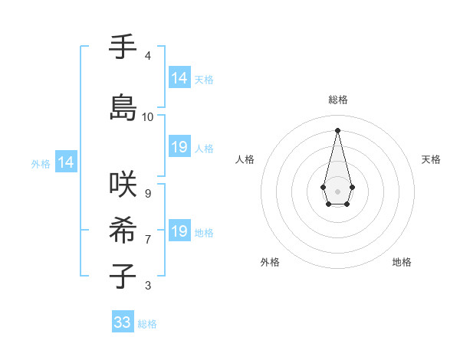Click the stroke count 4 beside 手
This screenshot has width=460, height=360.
(x=148, y=56)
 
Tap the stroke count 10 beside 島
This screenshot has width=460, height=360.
(x=148, y=117)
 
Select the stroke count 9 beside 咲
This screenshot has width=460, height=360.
(x=148, y=193)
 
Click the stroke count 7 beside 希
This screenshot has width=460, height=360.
(x=148, y=240)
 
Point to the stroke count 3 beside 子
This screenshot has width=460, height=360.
(x=148, y=286)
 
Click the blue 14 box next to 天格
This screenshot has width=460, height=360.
(x=179, y=78)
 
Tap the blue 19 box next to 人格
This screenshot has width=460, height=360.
(x=179, y=147)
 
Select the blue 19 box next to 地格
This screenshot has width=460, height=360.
(x=179, y=231)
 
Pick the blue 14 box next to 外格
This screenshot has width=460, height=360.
(x=66, y=162)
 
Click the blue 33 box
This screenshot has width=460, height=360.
(x=123, y=322)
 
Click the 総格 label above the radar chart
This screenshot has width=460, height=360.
(x=338, y=100)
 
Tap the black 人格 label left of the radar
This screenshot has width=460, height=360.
(x=245, y=159)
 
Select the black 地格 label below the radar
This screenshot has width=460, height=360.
(x=402, y=262)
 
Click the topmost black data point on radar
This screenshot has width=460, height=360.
(x=337, y=129)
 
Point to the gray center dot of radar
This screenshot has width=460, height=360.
(x=337, y=191)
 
